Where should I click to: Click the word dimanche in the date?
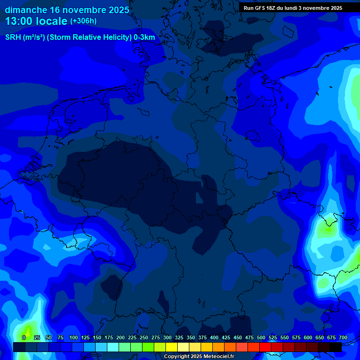26,10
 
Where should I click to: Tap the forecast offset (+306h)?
83,22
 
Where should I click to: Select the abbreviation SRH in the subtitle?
13,38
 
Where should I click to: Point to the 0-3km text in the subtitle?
144,38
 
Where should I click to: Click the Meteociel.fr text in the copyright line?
216,357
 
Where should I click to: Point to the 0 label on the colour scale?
24,337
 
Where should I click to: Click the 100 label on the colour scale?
74,337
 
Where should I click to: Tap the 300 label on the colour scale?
167,337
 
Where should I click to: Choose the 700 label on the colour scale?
343,337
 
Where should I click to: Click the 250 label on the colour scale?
144,337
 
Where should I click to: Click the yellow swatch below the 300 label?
172,347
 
